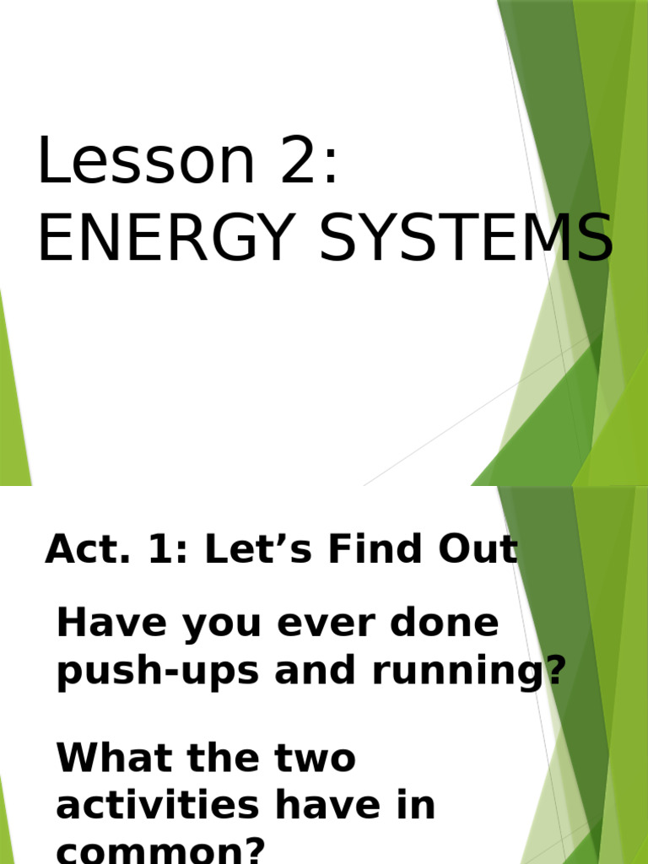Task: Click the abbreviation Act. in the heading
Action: (79, 550)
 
